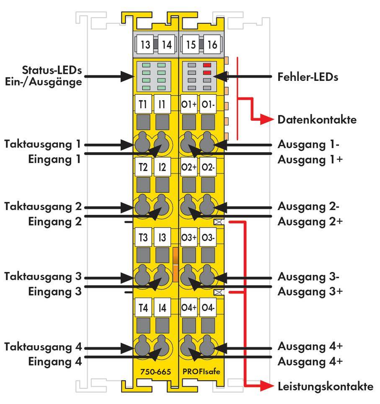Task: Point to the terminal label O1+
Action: pyautogui.click(x=189, y=104)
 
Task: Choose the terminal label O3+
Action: pyautogui.click(x=189, y=238)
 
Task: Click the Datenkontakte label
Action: pyautogui.click(x=317, y=120)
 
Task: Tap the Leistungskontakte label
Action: pyautogui.click(x=325, y=387)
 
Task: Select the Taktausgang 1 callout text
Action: pyautogui.click(x=42, y=144)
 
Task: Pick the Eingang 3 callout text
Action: pyautogui.click(x=54, y=292)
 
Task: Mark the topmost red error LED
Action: pyautogui.click(x=207, y=65)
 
